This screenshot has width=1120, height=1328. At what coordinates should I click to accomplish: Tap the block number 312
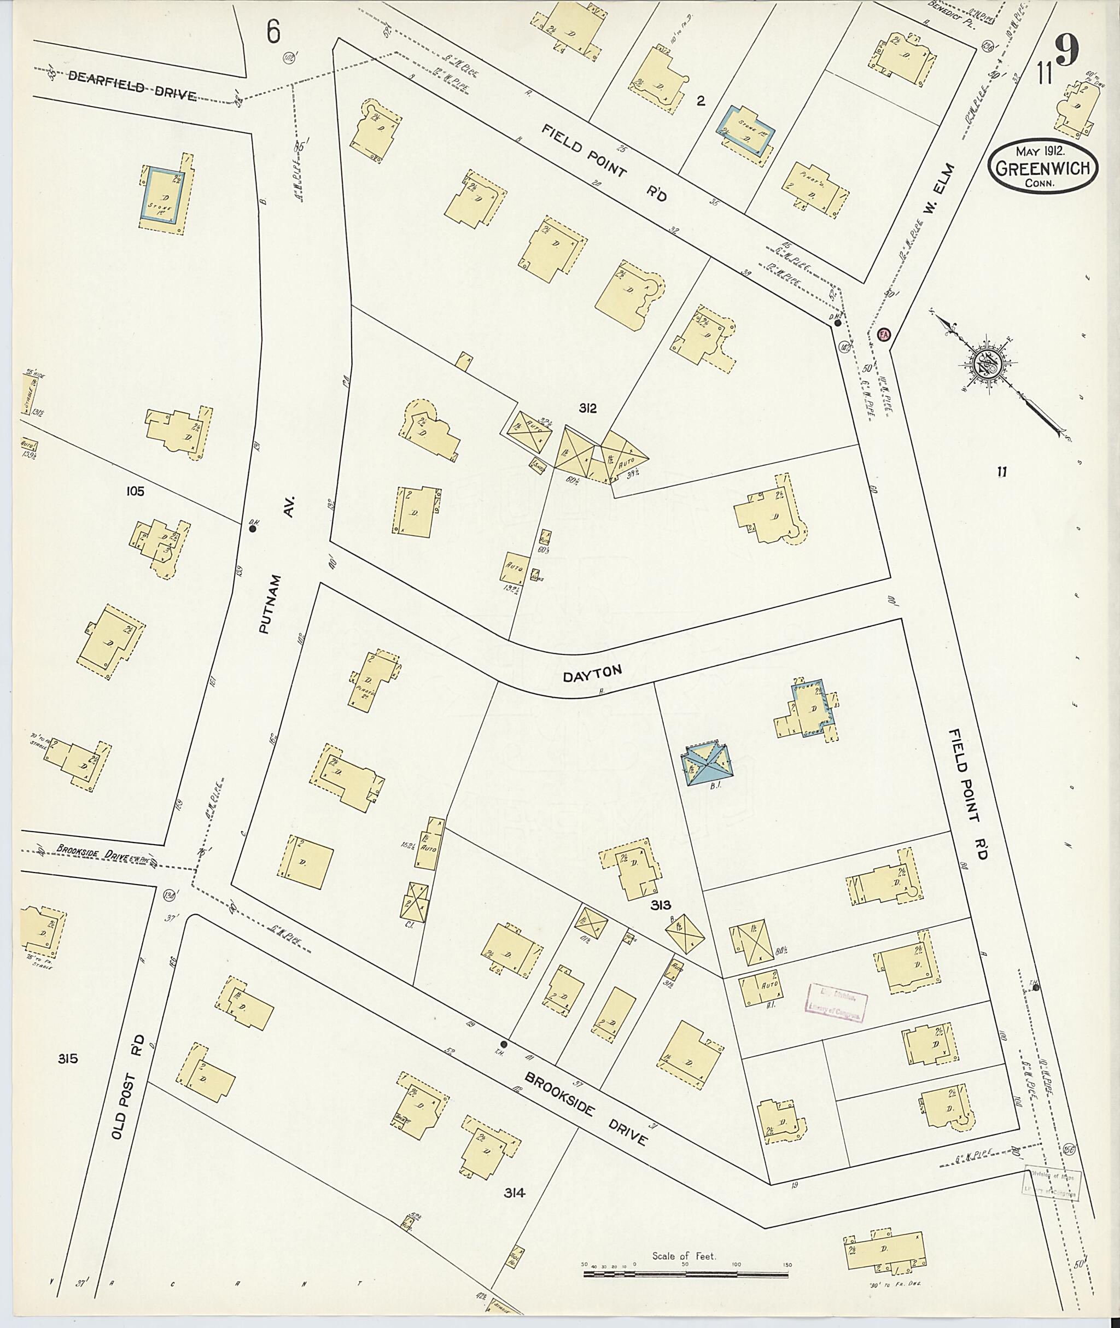pos(587,409)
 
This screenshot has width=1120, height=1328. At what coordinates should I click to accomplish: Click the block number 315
pos(68,1059)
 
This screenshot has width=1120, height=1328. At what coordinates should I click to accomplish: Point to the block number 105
pos(135,491)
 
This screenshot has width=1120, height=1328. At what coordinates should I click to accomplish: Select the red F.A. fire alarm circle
pos(883,335)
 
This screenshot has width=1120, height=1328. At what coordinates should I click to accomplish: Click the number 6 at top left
pos(273,32)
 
